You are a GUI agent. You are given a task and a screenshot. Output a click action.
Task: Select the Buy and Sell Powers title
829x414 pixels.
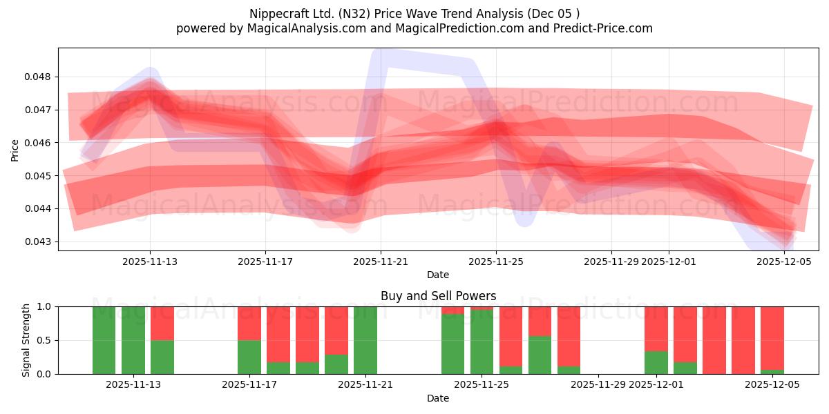click(x=438, y=296)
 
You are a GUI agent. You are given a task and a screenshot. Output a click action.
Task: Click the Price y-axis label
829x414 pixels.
click(x=15, y=150)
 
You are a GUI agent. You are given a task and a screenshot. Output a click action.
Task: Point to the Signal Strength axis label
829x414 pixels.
click(x=26, y=340)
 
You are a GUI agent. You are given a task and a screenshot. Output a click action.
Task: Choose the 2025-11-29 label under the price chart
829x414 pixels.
click(x=611, y=262)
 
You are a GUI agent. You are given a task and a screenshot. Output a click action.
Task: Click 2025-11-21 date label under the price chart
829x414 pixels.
click(x=381, y=262)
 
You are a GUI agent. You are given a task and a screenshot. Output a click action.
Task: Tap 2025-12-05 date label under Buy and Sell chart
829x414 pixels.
click(x=772, y=385)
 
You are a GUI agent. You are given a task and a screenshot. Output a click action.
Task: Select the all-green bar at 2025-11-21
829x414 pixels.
click(x=365, y=340)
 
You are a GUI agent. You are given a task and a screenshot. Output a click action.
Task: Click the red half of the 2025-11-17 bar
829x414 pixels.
click(x=249, y=323)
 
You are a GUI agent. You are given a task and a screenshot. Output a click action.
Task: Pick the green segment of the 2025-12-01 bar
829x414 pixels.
click(x=656, y=363)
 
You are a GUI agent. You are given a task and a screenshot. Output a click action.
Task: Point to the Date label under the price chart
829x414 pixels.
click(x=438, y=275)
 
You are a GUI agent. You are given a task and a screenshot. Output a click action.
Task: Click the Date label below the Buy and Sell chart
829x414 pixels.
click(x=438, y=398)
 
